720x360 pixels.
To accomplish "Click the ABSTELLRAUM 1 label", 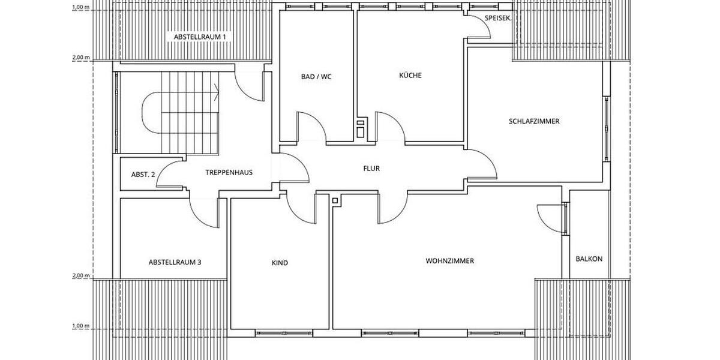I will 200,37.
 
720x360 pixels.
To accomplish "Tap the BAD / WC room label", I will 316,76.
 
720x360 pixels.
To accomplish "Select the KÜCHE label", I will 410,76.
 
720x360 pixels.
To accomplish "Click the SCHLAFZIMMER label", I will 534,121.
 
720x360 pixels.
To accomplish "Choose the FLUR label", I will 371,169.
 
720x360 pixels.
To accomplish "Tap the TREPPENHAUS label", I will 229,172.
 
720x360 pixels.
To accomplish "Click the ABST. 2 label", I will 143,175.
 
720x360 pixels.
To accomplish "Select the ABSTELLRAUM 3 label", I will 175,262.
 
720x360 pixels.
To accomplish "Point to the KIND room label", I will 280,263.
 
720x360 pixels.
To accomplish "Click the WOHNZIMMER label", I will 450,261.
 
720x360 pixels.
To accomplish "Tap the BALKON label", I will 589,259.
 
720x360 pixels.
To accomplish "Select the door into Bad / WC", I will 311,128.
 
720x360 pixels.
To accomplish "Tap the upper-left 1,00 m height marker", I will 81,7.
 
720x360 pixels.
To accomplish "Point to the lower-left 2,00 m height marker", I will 81,276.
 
